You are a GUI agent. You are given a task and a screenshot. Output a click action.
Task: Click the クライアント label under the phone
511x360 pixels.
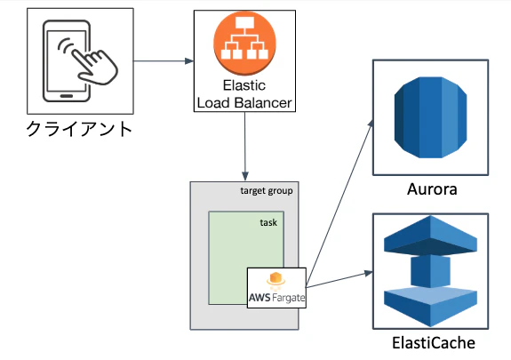79,129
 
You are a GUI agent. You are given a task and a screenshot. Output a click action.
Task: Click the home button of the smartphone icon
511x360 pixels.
67,96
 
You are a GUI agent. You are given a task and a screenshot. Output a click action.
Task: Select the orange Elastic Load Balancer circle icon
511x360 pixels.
244,42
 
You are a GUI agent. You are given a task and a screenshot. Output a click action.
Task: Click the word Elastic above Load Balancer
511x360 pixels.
244,85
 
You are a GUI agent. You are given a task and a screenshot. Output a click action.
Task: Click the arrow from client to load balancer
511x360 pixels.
164,61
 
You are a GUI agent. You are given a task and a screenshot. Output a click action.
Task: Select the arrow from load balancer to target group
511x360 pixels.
244,146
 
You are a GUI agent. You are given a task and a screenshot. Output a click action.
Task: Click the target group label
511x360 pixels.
267,191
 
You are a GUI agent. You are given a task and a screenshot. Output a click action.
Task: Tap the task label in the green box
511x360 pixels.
268,222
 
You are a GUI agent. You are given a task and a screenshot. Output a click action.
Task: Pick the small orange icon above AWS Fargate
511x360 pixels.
275,281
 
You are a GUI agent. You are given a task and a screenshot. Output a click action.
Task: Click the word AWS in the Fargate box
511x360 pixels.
259,298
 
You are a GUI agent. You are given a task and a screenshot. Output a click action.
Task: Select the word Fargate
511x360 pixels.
289,298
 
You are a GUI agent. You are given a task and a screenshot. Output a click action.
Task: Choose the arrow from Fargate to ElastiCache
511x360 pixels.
339,279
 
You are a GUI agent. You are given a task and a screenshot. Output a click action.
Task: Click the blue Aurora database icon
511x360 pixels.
430,117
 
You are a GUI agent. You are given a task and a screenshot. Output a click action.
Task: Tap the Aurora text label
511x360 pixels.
432,189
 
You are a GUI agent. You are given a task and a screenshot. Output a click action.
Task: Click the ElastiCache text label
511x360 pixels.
434,343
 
